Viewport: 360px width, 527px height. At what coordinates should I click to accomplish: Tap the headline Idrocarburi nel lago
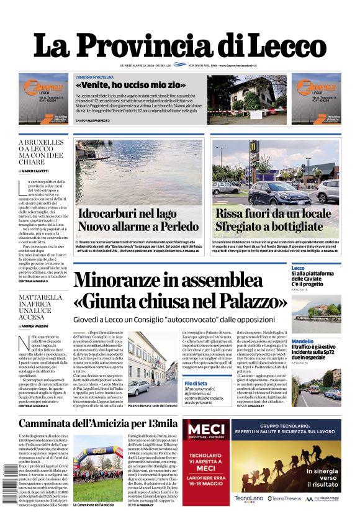point(127,214)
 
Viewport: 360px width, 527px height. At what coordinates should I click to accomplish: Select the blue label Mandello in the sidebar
point(302,341)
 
